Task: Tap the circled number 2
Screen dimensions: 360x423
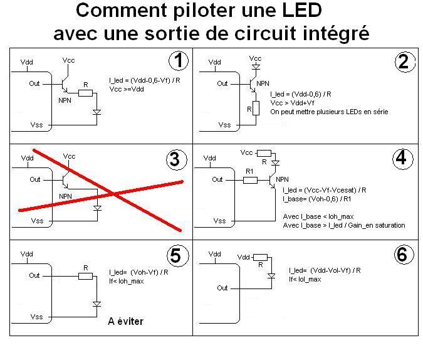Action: (403, 61)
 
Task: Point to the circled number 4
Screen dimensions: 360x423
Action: (403, 159)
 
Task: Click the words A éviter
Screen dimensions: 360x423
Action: (125, 322)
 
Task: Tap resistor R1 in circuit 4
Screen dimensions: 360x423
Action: (249, 179)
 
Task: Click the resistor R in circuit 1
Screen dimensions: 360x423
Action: (85, 93)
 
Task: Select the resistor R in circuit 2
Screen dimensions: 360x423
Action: (256, 108)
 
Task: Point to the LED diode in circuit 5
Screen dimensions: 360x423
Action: (97, 304)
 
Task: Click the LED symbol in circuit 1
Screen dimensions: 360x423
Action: (96, 112)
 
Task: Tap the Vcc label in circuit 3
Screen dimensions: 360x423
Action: (69, 156)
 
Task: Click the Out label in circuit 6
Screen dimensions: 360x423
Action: (222, 288)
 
